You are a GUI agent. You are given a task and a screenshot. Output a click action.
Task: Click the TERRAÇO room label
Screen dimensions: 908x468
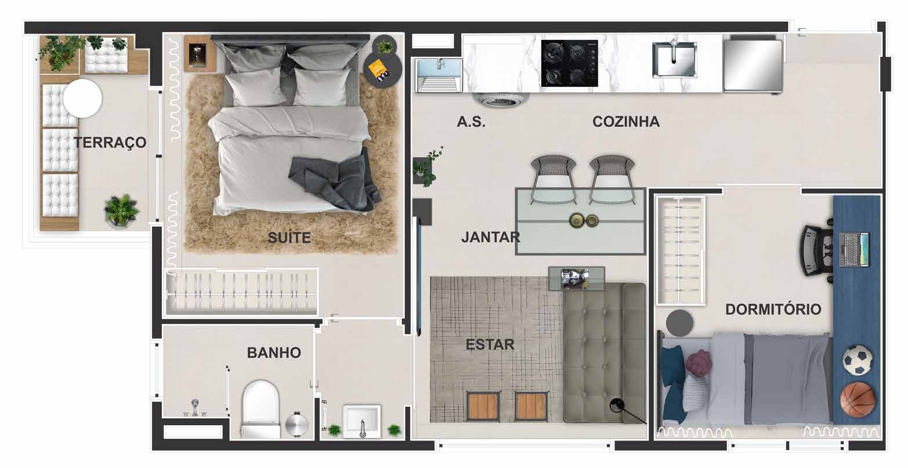click(110, 143)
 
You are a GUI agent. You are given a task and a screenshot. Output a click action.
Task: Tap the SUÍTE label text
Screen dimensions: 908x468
click(290, 237)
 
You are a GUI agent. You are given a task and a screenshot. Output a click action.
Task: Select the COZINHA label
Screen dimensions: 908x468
click(626, 122)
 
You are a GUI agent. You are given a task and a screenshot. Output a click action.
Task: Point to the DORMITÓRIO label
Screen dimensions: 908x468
click(773, 309)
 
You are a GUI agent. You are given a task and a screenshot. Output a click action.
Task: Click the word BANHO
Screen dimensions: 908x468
click(274, 353)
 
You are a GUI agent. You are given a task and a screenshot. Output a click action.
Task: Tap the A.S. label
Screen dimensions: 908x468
click(471, 122)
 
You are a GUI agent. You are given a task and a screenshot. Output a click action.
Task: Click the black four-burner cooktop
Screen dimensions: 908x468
click(570, 63)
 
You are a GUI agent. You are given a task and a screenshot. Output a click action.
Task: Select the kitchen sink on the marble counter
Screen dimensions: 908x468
click(675, 60)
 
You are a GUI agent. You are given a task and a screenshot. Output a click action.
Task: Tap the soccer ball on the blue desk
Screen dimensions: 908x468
click(858, 360)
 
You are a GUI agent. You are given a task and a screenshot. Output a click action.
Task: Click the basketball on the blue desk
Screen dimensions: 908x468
click(858, 400)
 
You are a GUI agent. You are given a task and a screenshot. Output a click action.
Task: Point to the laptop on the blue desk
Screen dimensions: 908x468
click(853, 249)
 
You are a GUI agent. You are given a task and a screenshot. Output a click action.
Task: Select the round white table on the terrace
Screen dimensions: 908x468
click(82, 99)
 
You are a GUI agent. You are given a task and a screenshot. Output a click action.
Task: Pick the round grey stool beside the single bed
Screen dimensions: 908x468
click(679, 323)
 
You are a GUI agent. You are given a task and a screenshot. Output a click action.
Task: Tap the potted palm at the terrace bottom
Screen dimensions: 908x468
click(121, 211)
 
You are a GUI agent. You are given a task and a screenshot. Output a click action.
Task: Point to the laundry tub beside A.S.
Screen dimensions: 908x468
click(439, 75)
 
